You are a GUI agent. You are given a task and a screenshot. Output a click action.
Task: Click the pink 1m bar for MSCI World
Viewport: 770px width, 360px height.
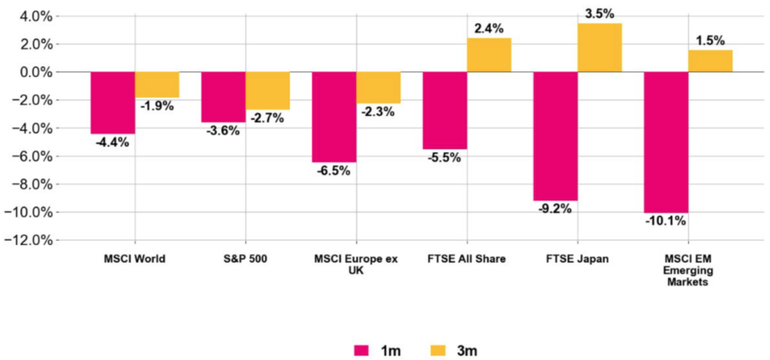[x=112, y=103]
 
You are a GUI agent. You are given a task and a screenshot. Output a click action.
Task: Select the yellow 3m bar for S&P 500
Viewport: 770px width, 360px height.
[x=268, y=91]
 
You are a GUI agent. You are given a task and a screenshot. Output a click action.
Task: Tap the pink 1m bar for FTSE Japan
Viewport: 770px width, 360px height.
[x=556, y=136]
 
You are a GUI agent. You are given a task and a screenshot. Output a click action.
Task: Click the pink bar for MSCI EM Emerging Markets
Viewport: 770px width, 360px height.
[x=666, y=142]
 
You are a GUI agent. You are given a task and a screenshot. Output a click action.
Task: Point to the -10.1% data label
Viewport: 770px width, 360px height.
[x=665, y=221]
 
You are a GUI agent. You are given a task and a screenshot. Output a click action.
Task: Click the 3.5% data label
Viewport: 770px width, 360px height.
[x=599, y=14]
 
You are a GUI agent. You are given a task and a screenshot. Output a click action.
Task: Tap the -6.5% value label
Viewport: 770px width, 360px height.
[x=333, y=171]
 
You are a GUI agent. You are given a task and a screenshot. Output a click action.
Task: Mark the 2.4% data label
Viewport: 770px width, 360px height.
[x=489, y=29]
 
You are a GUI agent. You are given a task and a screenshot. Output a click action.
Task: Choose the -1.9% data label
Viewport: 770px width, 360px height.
[x=156, y=106]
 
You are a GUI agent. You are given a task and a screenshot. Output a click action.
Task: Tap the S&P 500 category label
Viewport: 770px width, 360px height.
[x=245, y=259]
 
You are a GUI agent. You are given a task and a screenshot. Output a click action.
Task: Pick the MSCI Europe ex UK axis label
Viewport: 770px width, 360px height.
[x=356, y=265]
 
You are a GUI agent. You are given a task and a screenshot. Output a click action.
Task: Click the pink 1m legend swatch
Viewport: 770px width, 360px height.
[x=361, y=350]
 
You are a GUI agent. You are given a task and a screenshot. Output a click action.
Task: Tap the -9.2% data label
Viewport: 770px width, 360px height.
[x=555, y=209]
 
